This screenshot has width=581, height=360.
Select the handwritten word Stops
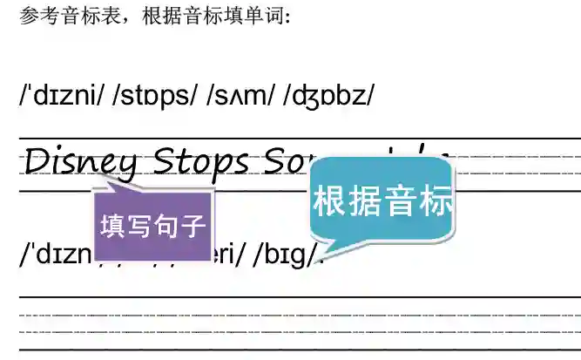coord(201,162)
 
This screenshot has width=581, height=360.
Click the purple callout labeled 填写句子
coord(152,226)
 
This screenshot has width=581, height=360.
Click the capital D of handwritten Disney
coord(38,160)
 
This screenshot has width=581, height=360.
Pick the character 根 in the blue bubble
coord(330,200)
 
